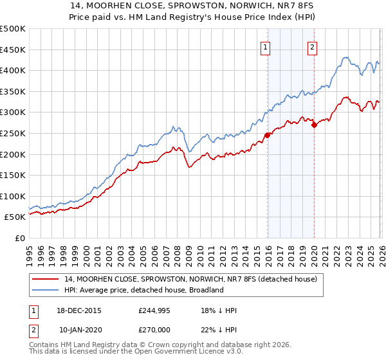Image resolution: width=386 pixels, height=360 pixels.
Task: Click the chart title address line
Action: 193,6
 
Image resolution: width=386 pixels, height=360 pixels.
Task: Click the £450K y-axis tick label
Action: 13,50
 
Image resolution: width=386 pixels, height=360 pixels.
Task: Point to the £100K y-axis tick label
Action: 13,196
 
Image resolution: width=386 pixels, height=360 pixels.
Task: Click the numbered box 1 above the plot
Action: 266,46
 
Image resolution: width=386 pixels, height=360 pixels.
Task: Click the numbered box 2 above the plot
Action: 312,46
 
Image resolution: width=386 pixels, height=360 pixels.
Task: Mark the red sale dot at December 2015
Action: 267,135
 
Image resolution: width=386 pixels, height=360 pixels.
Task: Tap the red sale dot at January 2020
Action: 314,125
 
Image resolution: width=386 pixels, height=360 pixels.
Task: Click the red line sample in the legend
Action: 46,280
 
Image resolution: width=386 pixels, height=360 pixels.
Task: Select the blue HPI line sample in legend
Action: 46,291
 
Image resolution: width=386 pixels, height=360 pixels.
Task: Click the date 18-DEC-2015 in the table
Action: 80,310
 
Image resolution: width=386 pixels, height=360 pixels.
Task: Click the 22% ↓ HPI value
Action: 219,328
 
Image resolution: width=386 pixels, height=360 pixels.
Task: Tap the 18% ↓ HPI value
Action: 219,310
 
